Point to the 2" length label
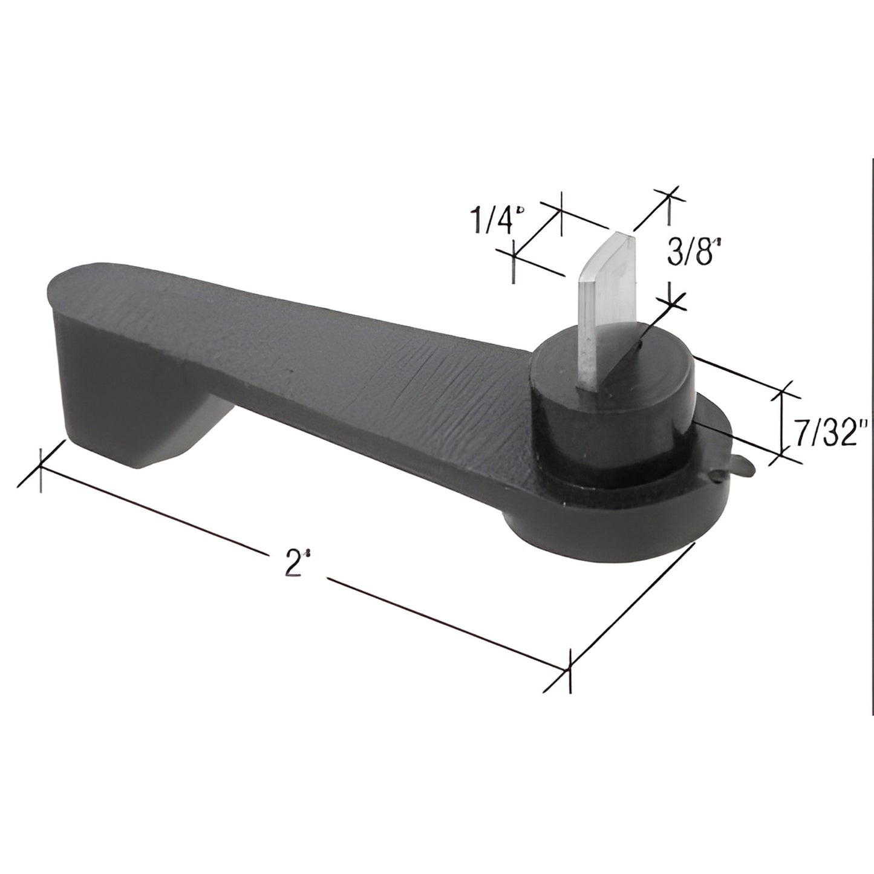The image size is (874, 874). [294, 564]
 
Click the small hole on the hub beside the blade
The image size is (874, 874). [639, 347]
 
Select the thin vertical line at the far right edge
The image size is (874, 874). [871, 423]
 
